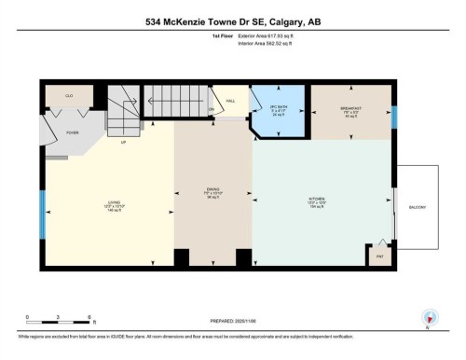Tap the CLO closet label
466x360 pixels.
[x=69, y=96]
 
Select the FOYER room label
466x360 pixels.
[x=72, y=132]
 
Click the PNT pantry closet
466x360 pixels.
[x=380, y=253]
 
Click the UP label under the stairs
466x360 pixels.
[x=123, y=142]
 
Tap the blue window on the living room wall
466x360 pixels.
[x=41, y=215]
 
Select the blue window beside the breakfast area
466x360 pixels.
[x=395, y=117]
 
